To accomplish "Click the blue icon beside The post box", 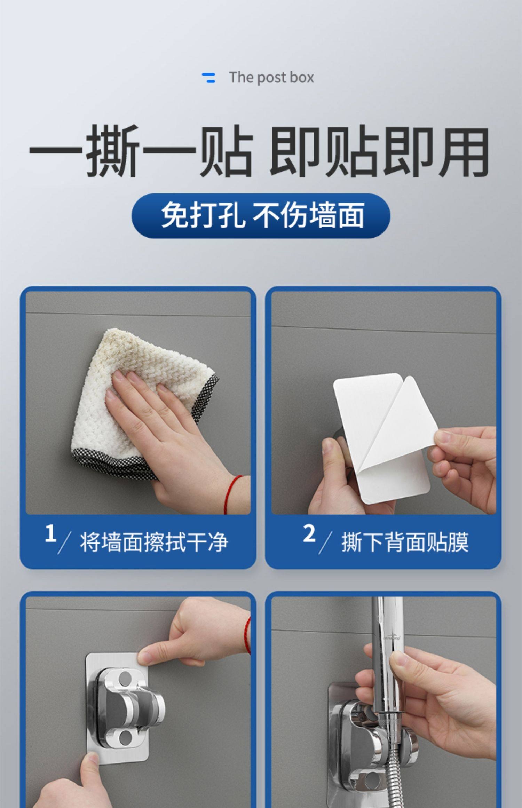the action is click(208, 78).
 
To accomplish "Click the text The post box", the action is click(271, 78).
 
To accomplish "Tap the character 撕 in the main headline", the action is click(112, 151).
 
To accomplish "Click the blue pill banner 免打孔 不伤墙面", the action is click(261, 216).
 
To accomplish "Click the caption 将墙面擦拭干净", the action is click(154, 542).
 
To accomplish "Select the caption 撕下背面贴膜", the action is click(405, 542).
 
